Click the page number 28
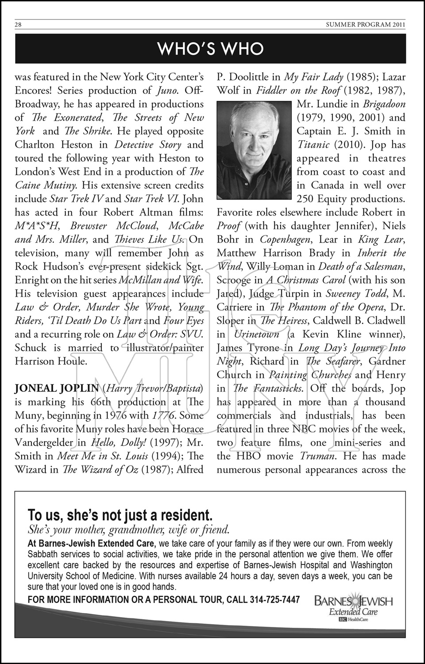(x=18, y=25)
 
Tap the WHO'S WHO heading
(x=211, y=49)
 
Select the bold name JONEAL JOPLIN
(x=57, y=388)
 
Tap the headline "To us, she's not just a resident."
(x=120, y=515)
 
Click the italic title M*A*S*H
(x=37, y=226)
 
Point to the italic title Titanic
(x=313, y=144)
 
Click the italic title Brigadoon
(x=384, y=104)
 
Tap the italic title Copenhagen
(x=283, y=239)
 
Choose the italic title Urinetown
(x=257, y=334)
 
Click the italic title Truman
(x=316, y=456)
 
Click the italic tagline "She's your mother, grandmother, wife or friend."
(x=128, y=529)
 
